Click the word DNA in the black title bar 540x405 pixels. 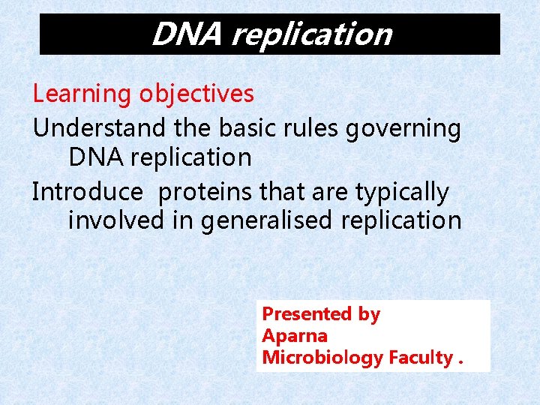pyautogui.click(x=187, y=34)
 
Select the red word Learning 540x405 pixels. pyautogui.click(x=82, y=94)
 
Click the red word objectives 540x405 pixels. pyautogui.click(x=196, y=94)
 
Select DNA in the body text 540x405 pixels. pyautogui.click(x=93, y=157)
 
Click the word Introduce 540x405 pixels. pyautogui.click(x=87, y=192)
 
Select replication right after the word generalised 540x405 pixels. pyautogui.click(x=401, y=221)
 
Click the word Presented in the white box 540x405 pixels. pyautogui.click(x=307, y=314)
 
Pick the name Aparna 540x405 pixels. pyautogui.click(x=294, y=336)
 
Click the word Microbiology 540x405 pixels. pyautogui.click(x=322, y=358)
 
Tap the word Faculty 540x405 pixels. pyautogui.click(x=420, y=358)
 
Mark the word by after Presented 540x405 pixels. pyautogui.click(x=369, y=315)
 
